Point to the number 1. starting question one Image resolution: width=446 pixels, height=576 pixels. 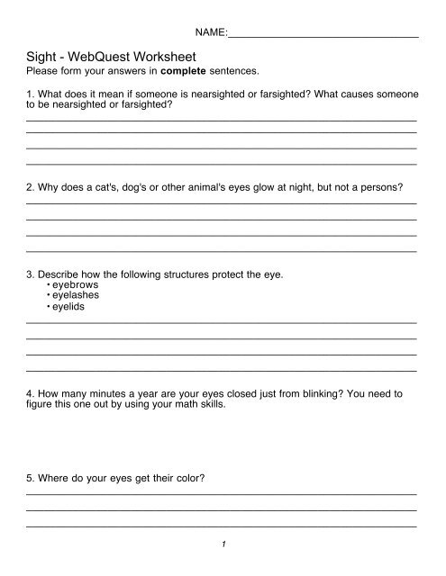32,94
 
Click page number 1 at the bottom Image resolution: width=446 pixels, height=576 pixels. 223,545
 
